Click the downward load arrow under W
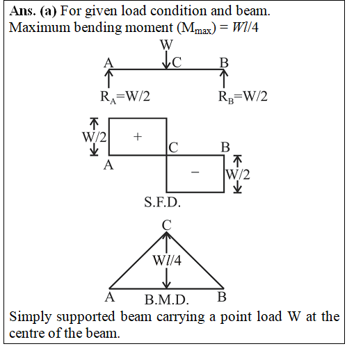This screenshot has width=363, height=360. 166,60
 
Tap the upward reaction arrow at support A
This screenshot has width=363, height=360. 108,79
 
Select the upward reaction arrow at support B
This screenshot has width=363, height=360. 224,79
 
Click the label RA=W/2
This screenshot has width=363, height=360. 125,97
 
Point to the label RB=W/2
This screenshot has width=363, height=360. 243,97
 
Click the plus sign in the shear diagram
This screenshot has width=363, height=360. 138,136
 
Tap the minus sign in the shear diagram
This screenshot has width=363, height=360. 195,172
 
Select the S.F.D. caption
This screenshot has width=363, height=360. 162,202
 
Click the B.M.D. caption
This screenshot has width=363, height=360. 166,300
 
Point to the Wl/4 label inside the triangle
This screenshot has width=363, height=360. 167,260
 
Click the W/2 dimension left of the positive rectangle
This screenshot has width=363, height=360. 95,137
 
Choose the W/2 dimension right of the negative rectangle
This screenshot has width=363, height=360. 238,174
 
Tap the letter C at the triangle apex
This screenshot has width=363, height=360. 167,225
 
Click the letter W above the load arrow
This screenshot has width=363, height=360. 166,44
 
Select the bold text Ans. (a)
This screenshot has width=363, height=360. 33,11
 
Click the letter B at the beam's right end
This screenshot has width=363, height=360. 224,63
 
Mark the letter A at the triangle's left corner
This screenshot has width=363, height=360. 110,297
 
